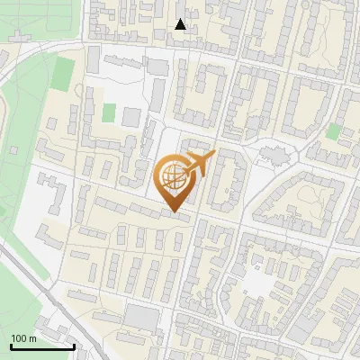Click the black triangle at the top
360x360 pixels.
(x=181, y=24)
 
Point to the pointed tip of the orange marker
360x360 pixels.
(x=175, y=212)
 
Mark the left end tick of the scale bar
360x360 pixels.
(x=11, y=345)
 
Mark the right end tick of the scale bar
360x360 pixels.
(x=74, y=345)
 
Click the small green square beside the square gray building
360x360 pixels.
(x=109, y=112)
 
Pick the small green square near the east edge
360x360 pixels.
(x=334, y=131)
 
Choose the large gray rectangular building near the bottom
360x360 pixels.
(x=141, y=316)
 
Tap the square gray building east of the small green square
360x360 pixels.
(x=131, y=117)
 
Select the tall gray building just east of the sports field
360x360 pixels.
(x=93, y=60)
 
